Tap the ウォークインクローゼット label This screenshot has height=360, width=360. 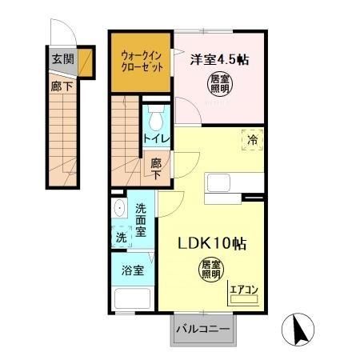[x=140, y=61]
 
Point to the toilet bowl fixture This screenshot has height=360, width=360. [x=155, y=120]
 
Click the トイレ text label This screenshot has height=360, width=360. [x=155, y=139]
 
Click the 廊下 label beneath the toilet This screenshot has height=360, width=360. [x=155, y=169]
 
